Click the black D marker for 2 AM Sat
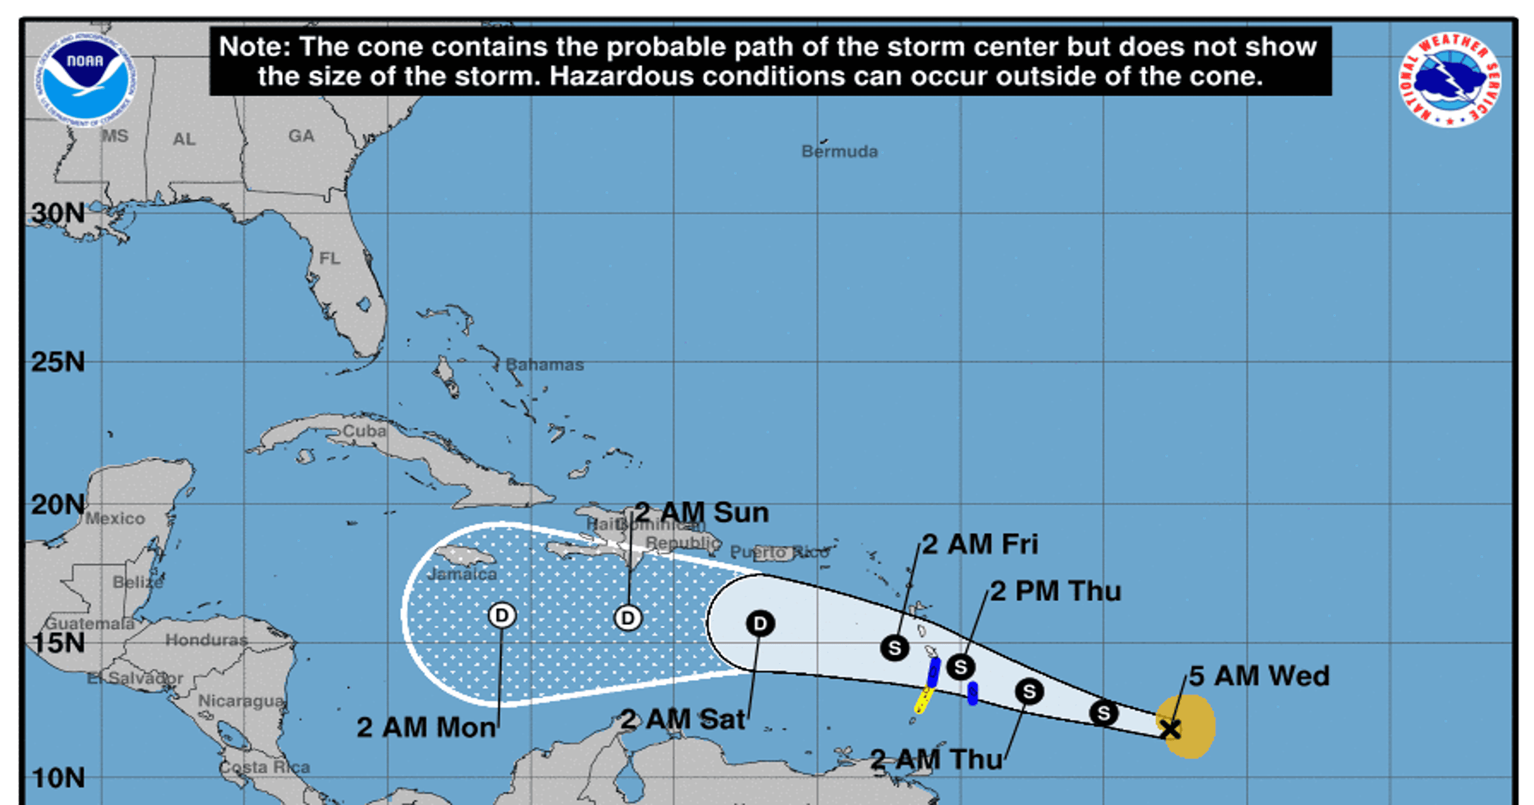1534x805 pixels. pyautogui.click(x=760, y=623)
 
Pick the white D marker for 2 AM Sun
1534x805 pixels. pyautogui.click(x=628, y=618)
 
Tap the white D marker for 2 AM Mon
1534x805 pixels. pyautogui.click(x=502, y=615)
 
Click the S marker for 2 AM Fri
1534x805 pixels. pyautogui.click(x=895, y=648)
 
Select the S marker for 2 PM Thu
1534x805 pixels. pyautogui.click(x=961, y=667)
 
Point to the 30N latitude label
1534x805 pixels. pyautogui.click(x=58, y=213)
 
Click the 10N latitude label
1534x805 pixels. pyautogui.click(x=58, y=778)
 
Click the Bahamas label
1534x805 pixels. pyautogui.click(x=544, y=365)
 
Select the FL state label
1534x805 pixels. pyautogui.click(x=330, y=258)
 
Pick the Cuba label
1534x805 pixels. pyautogui.click(x=364, y=430)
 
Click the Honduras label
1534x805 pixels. pyautogui.click(x=206, y=640)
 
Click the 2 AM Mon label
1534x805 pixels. pyautogui.click(x=426, y=727)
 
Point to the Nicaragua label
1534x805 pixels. pyautogui.click(x=241, y=701)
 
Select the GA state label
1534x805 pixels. pyautogui.click(x=302, y=137)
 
